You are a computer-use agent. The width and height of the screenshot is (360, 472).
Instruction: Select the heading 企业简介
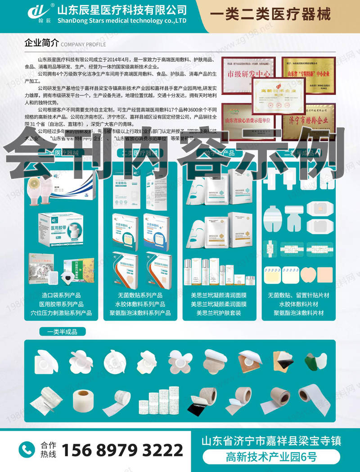pos(41,44)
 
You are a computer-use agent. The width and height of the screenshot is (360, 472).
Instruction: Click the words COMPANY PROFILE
pos(83,45)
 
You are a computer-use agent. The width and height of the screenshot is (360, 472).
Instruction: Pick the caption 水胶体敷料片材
pos(298,304)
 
